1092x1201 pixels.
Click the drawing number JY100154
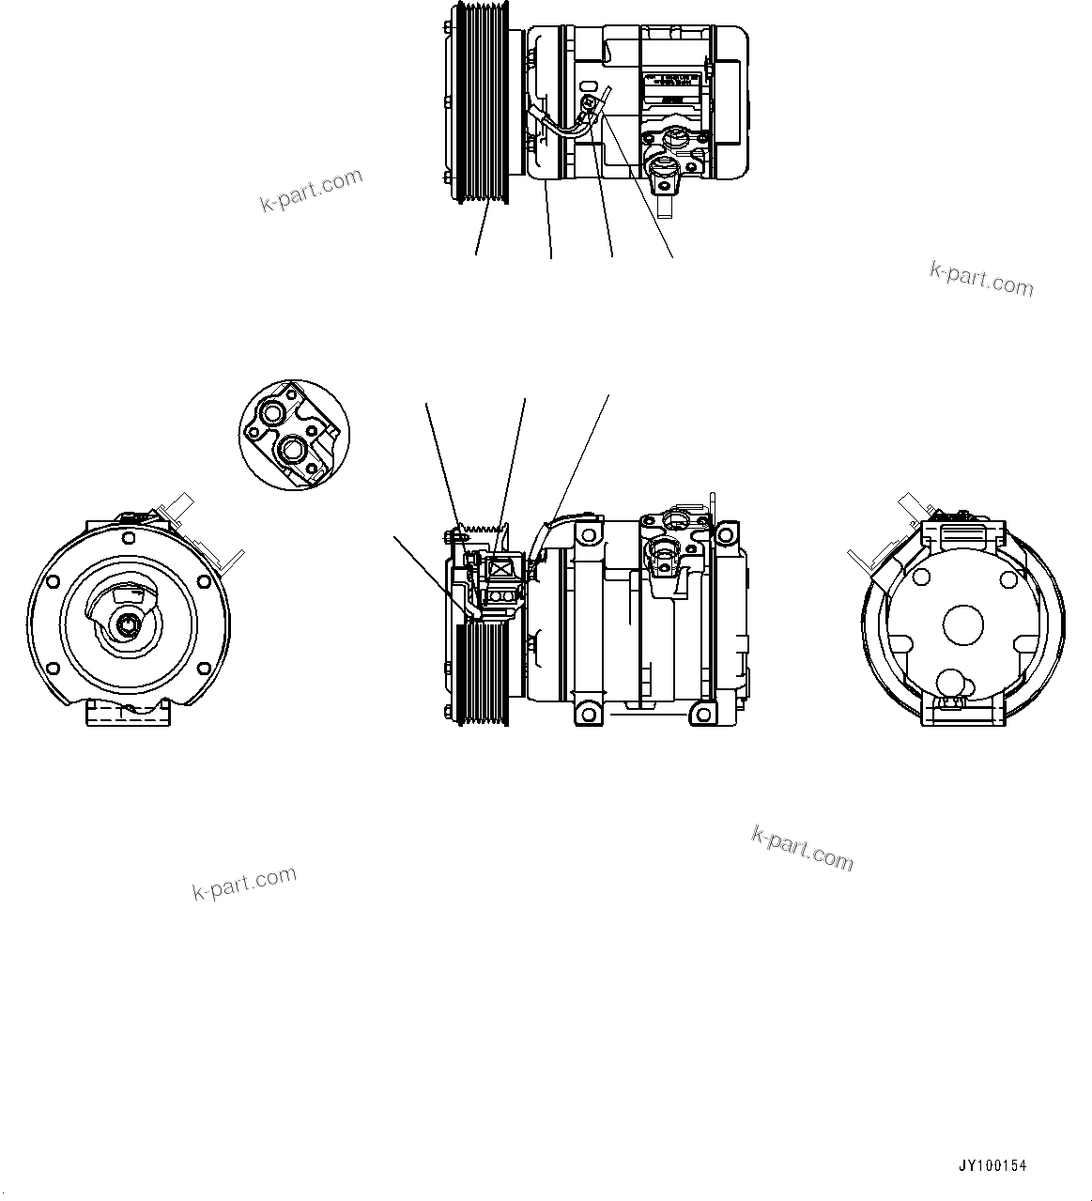click(x=992, y=1166)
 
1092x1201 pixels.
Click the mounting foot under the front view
click(x=128, y=712)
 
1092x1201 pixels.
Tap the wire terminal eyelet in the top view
click(x=588, y=102)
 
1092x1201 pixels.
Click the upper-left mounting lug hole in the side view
click(x=589, y=534)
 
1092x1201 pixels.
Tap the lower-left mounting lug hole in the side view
click(x=589, y=715)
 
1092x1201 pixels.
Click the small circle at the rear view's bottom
click(x=952, y=683)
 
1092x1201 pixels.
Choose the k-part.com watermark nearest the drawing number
click(x=803, y=848)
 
